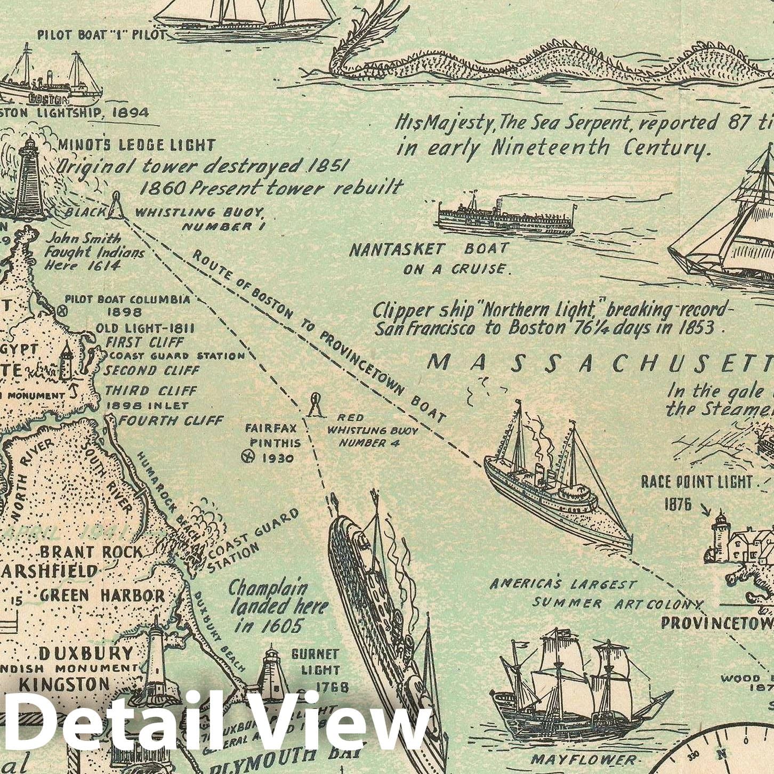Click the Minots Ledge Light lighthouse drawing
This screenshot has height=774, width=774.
tap(29, 179)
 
